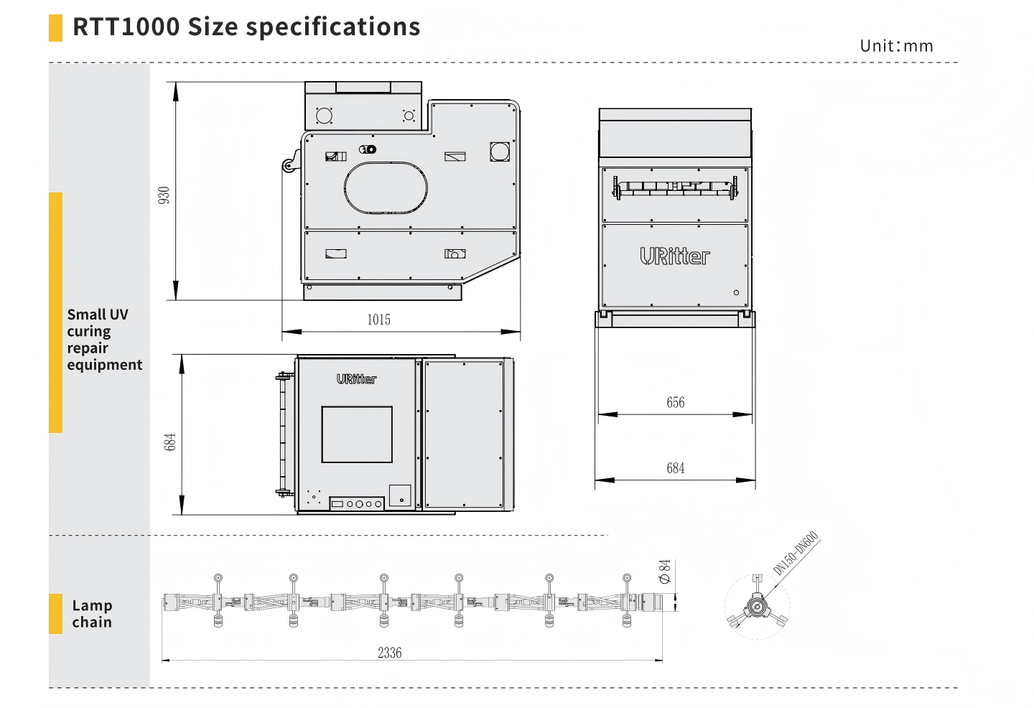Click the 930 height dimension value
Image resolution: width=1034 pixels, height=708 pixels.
pyautogui.click(x=164, y=195)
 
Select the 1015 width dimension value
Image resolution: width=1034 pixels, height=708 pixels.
pyautogui.click(x=378, y=320)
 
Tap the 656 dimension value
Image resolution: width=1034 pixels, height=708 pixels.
pyautogui.click(x=675, y=402)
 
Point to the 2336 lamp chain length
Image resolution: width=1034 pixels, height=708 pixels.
pyautogui.click(x=390, y=653)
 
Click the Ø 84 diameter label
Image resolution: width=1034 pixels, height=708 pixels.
pyautogui.click(x=665, y=572)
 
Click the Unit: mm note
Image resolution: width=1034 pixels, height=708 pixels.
pyautogui.click(x=896, y=46)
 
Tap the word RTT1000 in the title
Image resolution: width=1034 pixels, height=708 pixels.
pyautogui.click(x=126, y=27)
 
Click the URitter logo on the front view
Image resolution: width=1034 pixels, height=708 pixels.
pyautogui.click(x=675, y=256)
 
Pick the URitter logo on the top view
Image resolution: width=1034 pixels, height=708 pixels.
pyautogui.click(x=356, y=379)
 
